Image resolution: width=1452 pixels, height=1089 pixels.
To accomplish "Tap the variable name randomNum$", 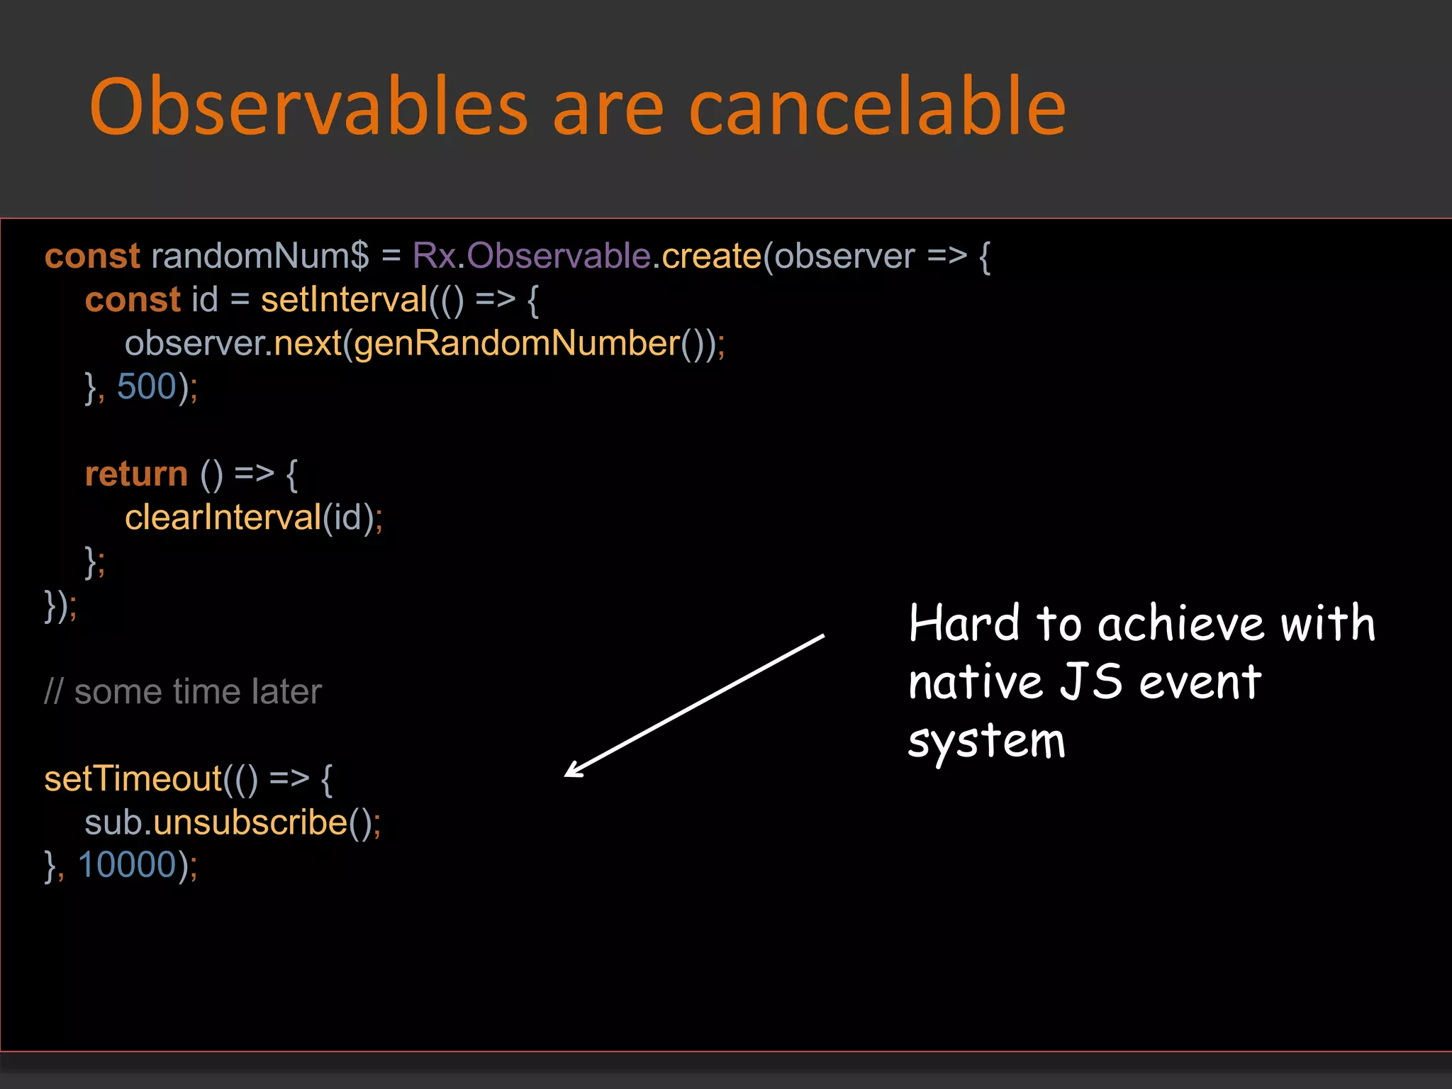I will coord(259,256).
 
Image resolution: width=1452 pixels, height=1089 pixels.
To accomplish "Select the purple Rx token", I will coord(434,256).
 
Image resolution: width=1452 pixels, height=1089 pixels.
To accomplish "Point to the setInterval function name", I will coord(344,300).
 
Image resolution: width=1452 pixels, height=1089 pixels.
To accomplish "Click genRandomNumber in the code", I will coord(517,344).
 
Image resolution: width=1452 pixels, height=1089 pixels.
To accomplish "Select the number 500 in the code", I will coord(147,387).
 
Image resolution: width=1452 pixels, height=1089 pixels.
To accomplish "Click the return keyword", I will coord(136,474).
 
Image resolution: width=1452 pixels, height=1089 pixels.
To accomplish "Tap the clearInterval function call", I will coord(223,518).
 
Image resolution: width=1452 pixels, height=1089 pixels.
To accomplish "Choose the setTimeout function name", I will coord(133,779).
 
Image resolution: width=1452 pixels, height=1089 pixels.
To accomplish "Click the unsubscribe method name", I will coord(250,822).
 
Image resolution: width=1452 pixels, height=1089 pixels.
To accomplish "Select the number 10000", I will coord(127,866).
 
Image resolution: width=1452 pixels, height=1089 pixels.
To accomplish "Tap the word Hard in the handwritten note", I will coord(964,624).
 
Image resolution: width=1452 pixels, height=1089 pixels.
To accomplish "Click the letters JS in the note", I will coord(1092,682).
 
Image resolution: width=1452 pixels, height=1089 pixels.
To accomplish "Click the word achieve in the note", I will coord(1181,624).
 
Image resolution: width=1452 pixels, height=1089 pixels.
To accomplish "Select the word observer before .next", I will coord(194,344).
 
